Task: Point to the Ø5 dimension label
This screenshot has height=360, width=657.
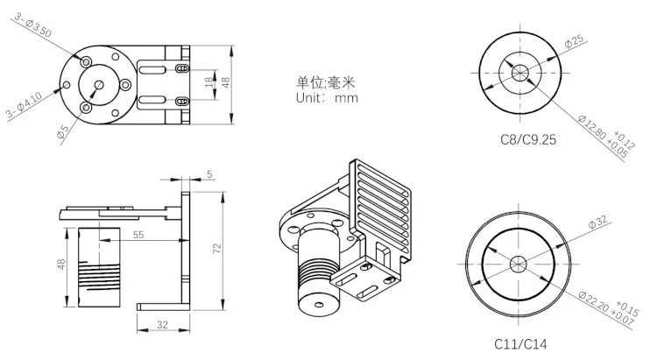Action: coord(62,131)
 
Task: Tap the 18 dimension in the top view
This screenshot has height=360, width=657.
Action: coord(208,81)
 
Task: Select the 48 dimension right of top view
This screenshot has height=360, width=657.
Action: coord(225,81)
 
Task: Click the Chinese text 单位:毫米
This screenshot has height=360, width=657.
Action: coord(326,82)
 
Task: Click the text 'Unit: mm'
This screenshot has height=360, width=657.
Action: coord(326,98)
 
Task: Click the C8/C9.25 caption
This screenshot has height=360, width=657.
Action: coord(522,138)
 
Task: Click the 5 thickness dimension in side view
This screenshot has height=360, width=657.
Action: coord(209,174)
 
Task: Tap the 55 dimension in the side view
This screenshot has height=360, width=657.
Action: coord(138,235)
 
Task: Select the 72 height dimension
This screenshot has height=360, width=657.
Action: coord(215,248)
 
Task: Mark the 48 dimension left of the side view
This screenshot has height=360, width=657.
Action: coord(62,265)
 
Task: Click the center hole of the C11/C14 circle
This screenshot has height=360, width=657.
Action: coord(518,262)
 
